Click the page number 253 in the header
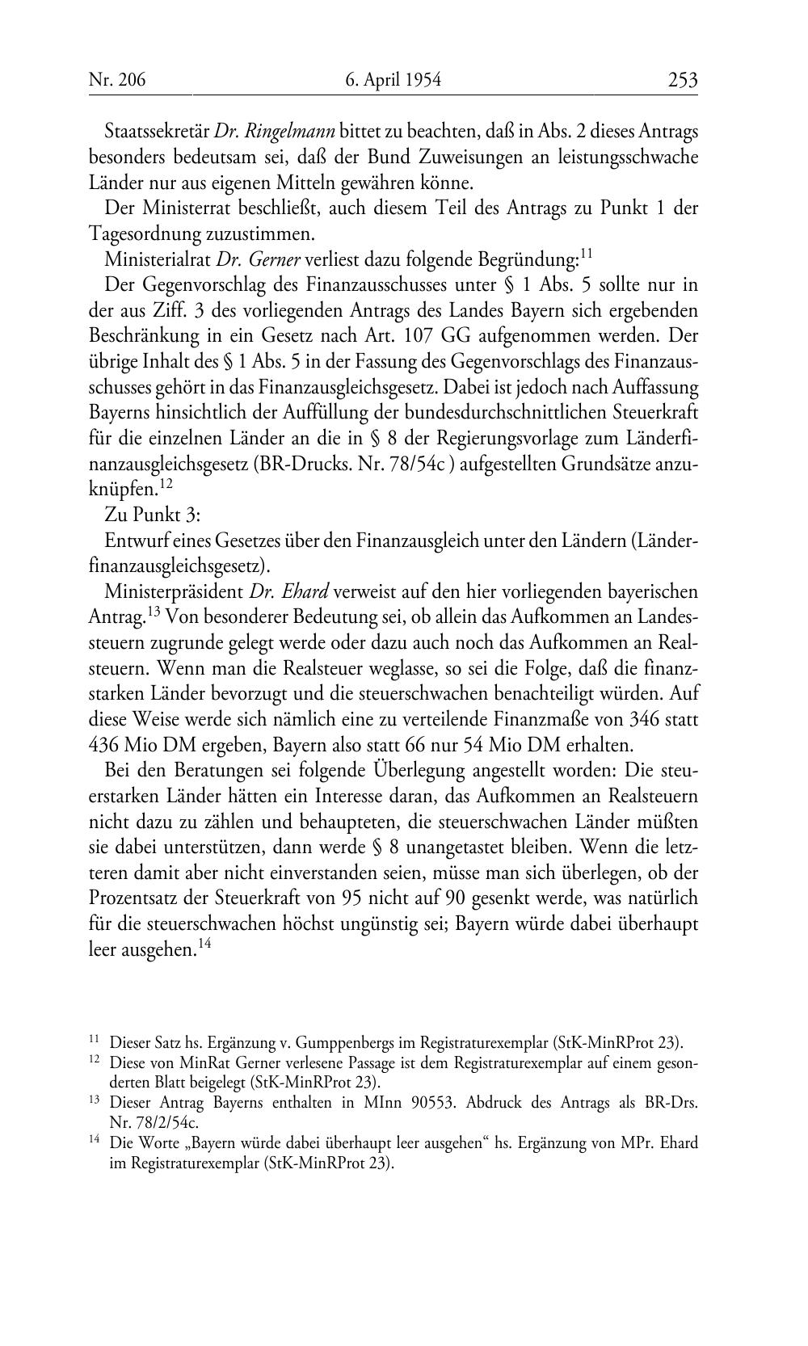tap(682, 80)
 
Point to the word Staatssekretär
tap(157, 131)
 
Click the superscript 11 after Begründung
tap(587, 254)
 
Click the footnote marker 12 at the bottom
tap(95, 1061)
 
